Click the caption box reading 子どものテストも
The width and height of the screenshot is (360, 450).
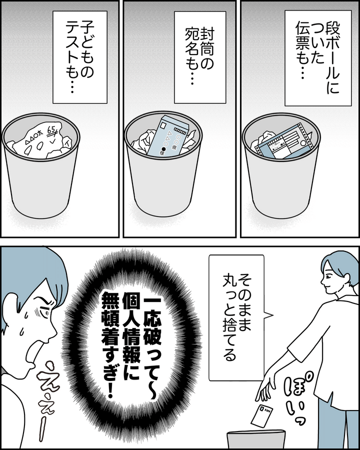pos(80,57)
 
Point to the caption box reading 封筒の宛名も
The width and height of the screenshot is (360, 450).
pos(200,57)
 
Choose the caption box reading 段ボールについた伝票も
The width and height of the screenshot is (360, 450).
pos(318,58)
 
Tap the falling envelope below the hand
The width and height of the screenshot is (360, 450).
pos(262,415)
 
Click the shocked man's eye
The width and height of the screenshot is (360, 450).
pos(43,311)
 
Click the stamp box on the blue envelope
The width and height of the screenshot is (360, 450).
pos(163,125)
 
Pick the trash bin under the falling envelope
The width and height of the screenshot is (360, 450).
pos(256,439)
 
